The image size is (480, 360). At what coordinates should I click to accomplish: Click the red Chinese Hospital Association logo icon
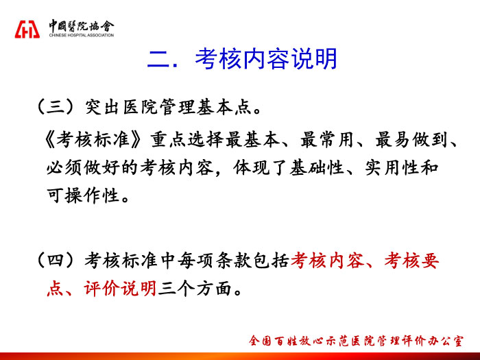coord(27,29)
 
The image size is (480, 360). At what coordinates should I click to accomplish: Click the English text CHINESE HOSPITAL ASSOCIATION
coord(82,35)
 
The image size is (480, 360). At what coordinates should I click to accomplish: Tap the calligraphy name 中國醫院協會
coord(82,26)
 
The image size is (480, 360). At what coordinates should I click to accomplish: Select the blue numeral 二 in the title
coord(158,59)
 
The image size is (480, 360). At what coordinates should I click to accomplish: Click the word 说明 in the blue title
coord(314,59)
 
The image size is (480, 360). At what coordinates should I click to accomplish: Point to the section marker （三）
coord(56,107)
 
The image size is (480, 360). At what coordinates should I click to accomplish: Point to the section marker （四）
coord(56,261)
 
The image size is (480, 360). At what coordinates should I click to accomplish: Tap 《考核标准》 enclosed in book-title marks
coord(94,140)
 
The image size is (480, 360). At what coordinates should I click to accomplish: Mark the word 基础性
coord(317,168)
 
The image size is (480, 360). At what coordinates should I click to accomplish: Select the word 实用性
coord(392,168)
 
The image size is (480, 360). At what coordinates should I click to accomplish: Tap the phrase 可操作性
coord(83,195)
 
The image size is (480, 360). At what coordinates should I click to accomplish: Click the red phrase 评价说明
coord(120,289)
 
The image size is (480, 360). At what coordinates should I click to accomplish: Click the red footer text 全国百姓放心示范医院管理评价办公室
coord(356,341)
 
